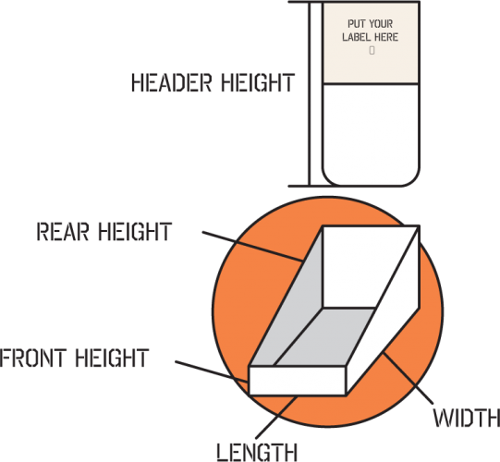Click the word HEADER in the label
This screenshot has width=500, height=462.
pyautogui.click(x=171, y=83)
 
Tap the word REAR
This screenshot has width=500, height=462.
pyautogui.click(x=63, y=232)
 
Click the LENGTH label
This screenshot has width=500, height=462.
pyautogui.click(x=257, y=452)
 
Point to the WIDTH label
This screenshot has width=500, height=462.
pyautogui.click(x=466, y=418)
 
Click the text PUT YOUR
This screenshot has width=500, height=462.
pyautogui.click(x=371, y=24)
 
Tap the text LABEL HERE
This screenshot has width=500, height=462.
pyautogui.click(x=371, y=37)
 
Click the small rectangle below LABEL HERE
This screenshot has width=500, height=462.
pyautogui.click(x=372, y=51)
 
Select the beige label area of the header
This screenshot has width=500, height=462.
pyautogui.click(x=371, y=43)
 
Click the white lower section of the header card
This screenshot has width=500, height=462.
pyautogui.click(x=371, y=134)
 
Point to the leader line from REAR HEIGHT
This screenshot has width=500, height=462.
pyautogui.click(x=252, y=246)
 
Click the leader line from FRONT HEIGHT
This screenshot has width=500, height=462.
pyautogui.click(x=212, y=371)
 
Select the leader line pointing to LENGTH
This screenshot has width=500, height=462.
pyautogui.click(x=276, y=417)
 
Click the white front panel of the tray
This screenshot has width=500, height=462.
pyautogui.click(x=298, y=381)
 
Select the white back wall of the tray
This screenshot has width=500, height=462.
pyautogui.click(x=363, y=267)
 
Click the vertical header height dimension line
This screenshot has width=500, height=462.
pyautogui.click(x=309, y=93)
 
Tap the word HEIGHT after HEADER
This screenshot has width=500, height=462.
pyautogui.click(x=258, y=83)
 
